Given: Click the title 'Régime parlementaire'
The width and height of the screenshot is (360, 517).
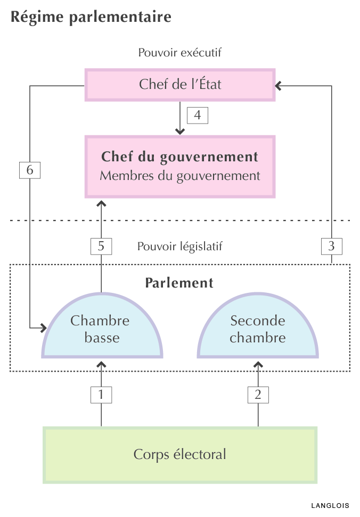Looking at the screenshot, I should tap(91, 17).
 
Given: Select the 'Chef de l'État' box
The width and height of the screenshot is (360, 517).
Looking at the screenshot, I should tap(180, 85).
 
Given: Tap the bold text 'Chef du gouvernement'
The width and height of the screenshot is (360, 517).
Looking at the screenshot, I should tap(180, 157).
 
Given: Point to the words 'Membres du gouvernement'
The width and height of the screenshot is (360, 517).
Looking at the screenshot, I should tap(180, 176).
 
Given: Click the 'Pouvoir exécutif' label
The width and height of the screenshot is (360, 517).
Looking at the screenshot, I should tap(179, 53).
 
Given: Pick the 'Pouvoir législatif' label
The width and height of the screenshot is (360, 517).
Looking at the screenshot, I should tap(179, 247).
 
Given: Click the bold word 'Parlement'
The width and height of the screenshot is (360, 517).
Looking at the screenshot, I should tap(179, 283).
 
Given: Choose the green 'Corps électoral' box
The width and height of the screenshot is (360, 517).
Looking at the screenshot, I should tap(180, 455).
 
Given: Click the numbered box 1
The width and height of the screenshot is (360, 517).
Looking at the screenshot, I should tap(101, 395).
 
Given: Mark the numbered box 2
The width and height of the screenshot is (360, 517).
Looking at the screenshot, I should tap(258, 395).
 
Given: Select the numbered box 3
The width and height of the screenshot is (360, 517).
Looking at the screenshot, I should tap(332, 246).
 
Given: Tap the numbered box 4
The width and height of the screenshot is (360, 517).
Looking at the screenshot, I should tap(198, 115).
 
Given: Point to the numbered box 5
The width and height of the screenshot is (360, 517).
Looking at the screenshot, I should tap(101, 246).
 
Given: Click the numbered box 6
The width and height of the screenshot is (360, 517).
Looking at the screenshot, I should tap(29, 170).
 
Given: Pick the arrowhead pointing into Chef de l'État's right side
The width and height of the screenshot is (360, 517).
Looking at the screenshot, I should tap(279, 85).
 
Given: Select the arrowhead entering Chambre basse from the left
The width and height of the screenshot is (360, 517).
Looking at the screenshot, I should tap(44, 326).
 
